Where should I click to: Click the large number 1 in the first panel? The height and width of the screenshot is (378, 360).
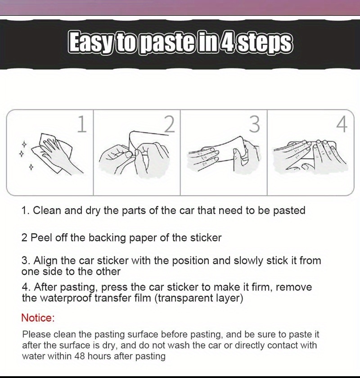point(82,124)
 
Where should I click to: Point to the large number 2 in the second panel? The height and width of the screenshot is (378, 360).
point(170,124)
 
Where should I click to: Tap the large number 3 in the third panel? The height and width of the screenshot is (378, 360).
point(254,124)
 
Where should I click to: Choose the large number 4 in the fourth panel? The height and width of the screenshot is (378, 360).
point(342,124)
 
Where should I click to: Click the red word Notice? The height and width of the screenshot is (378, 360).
point(38,318)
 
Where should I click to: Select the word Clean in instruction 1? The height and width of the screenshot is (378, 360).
point(47,210)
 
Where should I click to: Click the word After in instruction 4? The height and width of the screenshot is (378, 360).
point(45,287)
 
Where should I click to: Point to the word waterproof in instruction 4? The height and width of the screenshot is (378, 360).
point(66,298)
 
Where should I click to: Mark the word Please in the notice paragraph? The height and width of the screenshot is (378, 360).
point(36,335)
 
